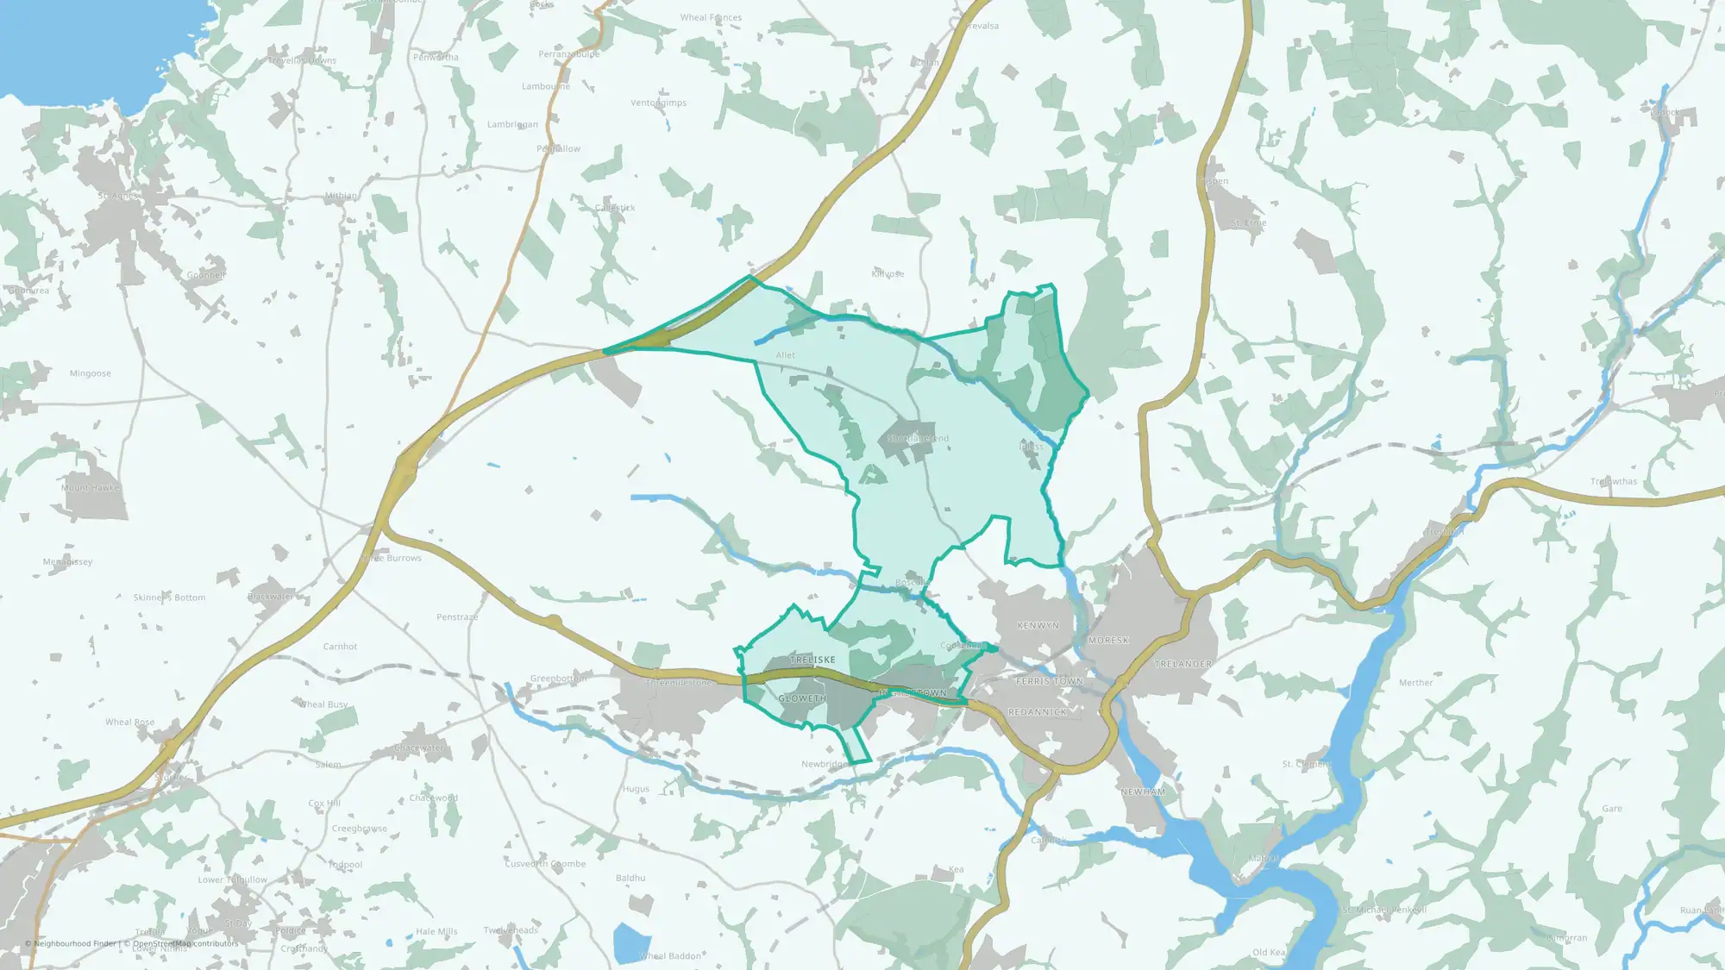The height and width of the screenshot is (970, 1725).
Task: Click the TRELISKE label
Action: click(812, 660)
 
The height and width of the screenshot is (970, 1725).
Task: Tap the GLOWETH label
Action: click(802, 698)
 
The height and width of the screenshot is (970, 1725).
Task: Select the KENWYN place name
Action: click(1038, 625)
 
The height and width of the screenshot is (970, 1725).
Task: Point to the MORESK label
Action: click(1108, 641)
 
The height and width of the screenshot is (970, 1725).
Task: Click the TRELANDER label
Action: click(1183, 664)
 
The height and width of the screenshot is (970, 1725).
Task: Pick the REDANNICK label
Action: click(1038, 712)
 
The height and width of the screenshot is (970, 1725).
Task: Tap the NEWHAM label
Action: click(1143, 792)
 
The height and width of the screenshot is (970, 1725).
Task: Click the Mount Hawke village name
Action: click(91, 488)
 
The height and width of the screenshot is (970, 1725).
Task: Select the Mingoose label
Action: click(91, 373)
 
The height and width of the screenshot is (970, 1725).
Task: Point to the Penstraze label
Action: click(457, 617)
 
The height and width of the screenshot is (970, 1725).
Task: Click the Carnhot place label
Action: click(340, 647)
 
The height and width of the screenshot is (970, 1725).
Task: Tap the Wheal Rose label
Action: click(130, 723)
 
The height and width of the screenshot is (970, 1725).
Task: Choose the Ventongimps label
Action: click(659, 103)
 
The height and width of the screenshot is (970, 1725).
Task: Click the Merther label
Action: click(1415, 683)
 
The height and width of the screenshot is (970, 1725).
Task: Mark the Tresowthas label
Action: click(1614, 482)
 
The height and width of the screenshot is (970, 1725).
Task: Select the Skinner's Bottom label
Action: click(169, 598)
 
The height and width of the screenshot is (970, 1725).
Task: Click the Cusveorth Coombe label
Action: click(545, 864)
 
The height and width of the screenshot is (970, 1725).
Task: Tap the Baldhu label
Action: click(630, 878)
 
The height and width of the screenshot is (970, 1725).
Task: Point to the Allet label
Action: click(785, 355)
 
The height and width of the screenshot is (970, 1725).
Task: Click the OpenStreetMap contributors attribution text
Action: click(185, 943)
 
